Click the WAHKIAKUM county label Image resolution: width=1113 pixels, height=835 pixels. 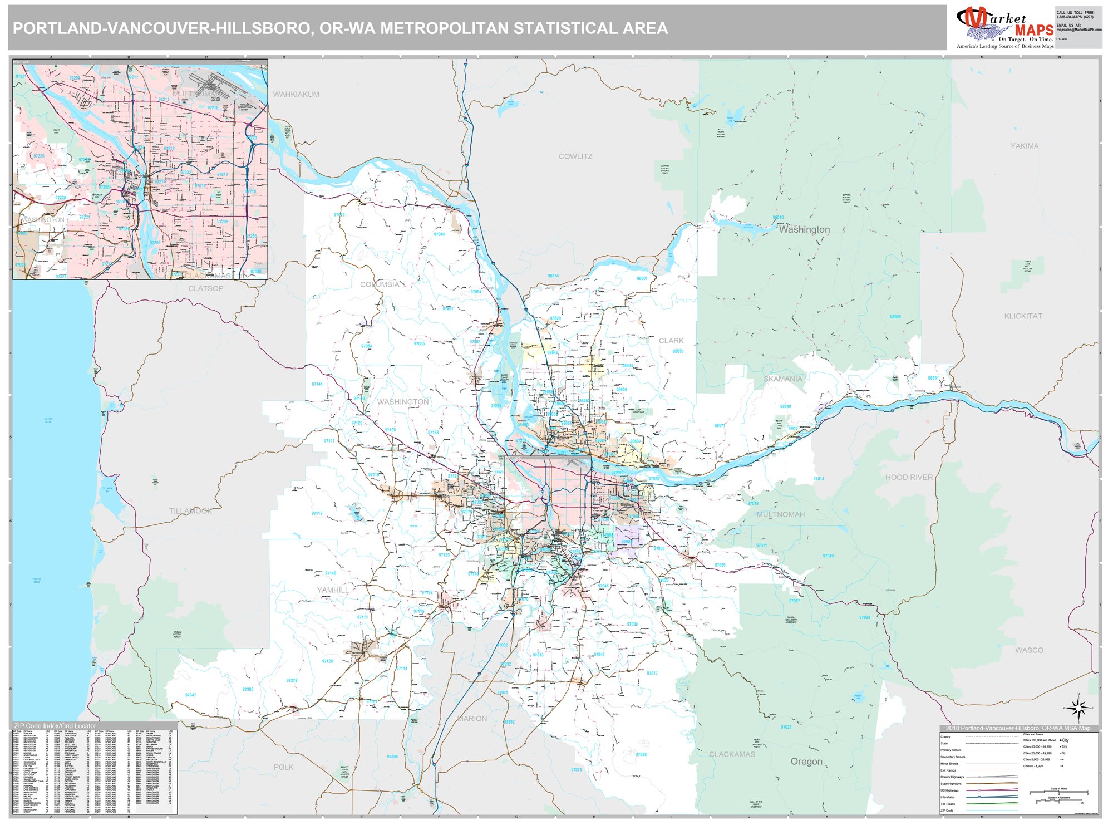point(296,95)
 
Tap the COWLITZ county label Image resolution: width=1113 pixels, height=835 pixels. point(575,156)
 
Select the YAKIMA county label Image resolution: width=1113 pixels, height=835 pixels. point(1025,146)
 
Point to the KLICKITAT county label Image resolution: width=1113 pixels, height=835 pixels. point(1023,316)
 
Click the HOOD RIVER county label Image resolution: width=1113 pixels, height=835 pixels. point(909,478)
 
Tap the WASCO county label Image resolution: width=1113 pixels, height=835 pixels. point(1029,650)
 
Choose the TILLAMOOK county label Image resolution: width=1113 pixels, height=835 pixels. point(190,511)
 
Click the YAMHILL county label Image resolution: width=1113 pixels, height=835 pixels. point(333,590)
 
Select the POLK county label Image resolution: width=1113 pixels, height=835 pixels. point(283,767)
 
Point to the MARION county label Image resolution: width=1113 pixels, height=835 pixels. point(472,719)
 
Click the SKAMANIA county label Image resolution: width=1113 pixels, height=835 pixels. point(782,379)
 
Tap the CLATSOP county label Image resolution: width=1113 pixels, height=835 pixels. point(205,288)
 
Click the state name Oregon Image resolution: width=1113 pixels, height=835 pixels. point(806,762)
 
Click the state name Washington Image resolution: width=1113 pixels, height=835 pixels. point(804,229)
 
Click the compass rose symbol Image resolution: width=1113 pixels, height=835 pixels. point(1078,708)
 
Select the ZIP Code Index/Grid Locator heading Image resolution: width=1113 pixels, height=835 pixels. point(55,726)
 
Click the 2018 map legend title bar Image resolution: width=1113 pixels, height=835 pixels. point(1018,728)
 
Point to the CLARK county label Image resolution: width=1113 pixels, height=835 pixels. point(671,341)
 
